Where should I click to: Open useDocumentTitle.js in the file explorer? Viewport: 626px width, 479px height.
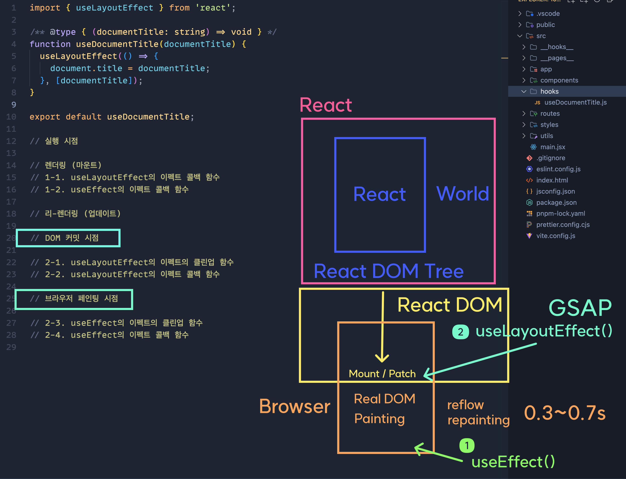[575, 102]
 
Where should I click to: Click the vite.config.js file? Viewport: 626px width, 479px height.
[555, 236]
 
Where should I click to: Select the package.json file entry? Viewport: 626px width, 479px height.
[556, 202]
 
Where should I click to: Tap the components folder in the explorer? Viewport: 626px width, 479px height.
[559, 80]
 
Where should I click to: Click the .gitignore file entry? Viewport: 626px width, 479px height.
[550, 158]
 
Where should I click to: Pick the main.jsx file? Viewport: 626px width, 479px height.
[553, 147]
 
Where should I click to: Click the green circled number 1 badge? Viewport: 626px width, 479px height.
[467, 445]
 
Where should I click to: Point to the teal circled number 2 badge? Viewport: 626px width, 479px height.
[460, 332]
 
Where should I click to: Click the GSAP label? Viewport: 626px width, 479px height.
[580, 308]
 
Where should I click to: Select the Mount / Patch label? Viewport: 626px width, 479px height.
[382, 374]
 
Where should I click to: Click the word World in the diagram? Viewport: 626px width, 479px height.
[462, 194]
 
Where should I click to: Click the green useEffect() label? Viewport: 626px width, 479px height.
[513, 462]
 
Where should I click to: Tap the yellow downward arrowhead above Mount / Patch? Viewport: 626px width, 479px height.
[382, 358]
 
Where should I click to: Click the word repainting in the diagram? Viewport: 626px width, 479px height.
[478, 420]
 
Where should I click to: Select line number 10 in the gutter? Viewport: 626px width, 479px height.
[11, 117]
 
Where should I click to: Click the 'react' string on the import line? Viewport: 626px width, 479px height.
[213, 8]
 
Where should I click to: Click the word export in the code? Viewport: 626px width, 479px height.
[45, 117]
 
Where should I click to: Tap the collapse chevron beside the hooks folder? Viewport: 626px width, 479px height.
[523, 92]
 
